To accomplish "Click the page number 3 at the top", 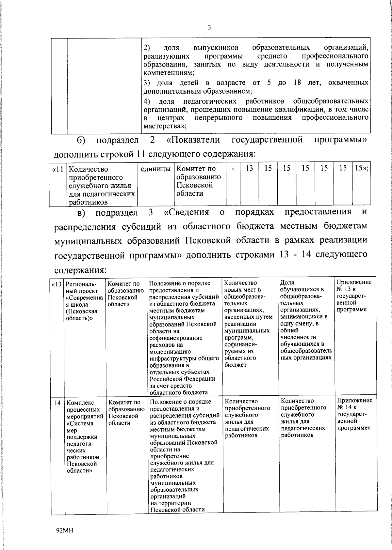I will coord(209,28).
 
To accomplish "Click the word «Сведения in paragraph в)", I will coord(187,212).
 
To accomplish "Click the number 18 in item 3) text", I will coord(297,82).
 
